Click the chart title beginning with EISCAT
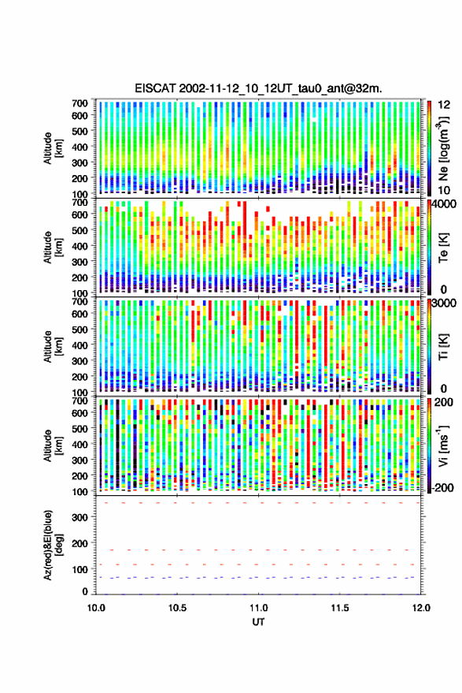click(x=258, y=88)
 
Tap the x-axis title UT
click(x=258, y=622)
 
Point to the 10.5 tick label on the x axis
click(x=177, y=608)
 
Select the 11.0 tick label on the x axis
click(x=258, y=608)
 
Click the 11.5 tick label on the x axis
click(x=339, y=608)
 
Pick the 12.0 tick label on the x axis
click(x=420, y=608)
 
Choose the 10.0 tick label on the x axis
click(x=96, y=608)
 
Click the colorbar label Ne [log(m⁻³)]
click(x=442, y=148)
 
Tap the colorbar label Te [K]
click(x=443, y=248)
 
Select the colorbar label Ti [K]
click(x=443, y=347)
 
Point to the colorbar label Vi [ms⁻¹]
click(x=443, y=445)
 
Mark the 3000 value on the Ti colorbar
click(x=445, y=304)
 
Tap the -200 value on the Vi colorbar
click(x=443, y=488)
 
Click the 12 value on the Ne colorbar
click(x=445, y=105)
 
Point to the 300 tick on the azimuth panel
click(x=79, y=517)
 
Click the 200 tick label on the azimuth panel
click(x=79, y=544)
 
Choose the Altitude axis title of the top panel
click(x=53, y=148)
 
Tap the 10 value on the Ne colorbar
click(x=445, y=191)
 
